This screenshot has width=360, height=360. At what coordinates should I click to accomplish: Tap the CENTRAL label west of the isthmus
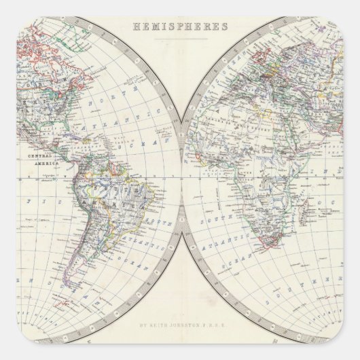point(40,156)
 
